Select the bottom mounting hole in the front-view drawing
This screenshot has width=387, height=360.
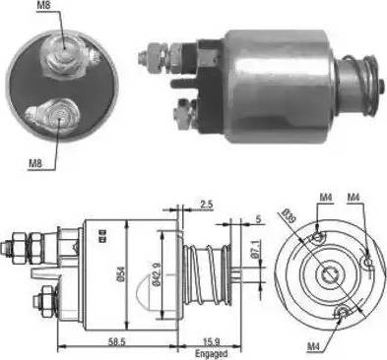pyautogui.click(x=340, y=313)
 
